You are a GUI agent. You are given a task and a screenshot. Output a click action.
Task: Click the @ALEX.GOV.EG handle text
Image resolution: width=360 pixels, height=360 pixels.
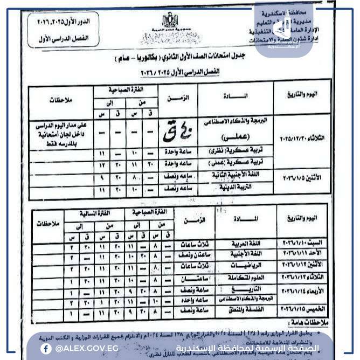point(82,348)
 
